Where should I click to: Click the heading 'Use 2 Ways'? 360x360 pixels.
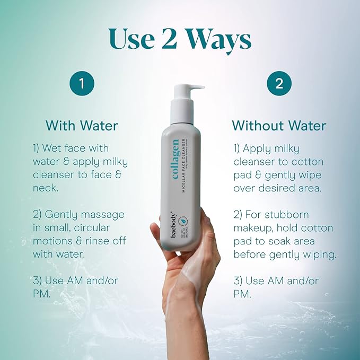180,38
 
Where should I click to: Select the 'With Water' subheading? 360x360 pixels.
82,126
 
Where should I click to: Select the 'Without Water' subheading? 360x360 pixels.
279,126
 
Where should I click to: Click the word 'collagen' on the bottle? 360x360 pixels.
175,159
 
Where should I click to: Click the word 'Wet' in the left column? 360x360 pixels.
69,148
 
